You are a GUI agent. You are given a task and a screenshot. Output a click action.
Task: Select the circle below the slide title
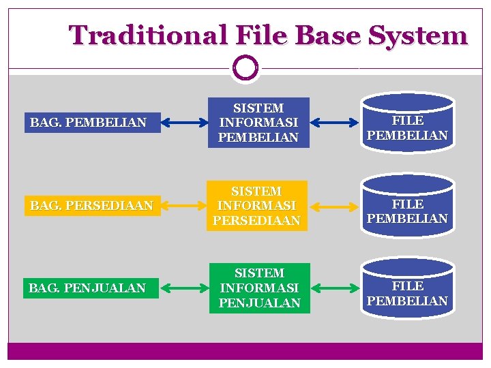point(245,67)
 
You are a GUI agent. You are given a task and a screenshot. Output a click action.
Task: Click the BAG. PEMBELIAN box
point(93,123)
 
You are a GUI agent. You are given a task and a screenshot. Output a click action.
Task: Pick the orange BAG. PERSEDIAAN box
point(93,205)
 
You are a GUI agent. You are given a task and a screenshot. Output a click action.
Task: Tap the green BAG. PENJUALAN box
point(93,288)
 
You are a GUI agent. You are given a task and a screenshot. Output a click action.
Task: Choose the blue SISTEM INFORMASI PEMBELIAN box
point(258,123)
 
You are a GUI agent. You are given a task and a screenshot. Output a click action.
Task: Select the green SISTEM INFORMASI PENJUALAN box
point(259,288)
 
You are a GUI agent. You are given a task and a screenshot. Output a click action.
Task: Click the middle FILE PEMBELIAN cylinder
point(407,206)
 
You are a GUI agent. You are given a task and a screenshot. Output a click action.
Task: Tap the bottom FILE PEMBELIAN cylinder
point(407,288)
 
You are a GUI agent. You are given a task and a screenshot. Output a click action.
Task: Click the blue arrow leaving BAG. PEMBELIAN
point(185,123)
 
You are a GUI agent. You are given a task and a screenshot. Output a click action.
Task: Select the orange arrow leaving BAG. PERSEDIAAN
point(185,206)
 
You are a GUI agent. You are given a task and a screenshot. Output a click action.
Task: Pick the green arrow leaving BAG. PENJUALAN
point(185,288)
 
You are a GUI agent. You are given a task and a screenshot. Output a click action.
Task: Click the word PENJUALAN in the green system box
point(259,303)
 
